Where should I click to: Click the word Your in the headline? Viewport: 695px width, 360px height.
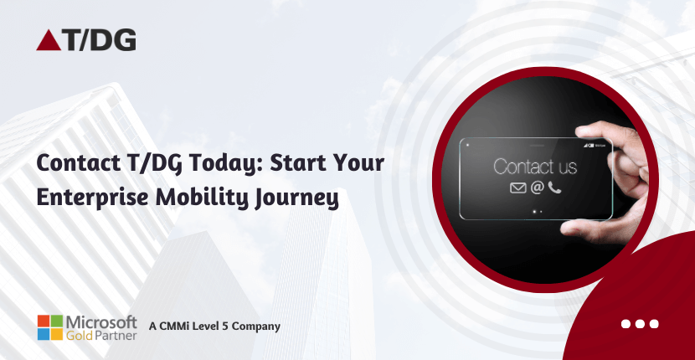coord(358,164)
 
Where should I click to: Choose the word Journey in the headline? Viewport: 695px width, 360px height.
coord(301,199)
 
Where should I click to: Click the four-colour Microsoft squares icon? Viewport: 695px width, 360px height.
coord(51,327)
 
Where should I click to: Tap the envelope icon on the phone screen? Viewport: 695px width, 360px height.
coord(517,188)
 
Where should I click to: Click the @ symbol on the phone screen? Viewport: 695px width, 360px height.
coord(537,188)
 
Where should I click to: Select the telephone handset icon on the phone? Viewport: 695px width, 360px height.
coord(554,188)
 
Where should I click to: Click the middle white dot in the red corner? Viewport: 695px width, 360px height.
coord(640,324)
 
